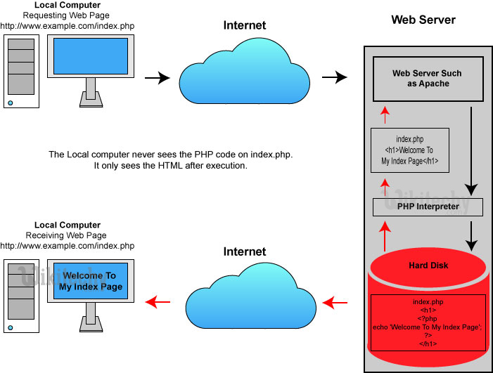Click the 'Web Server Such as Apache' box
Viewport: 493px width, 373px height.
(427, 78)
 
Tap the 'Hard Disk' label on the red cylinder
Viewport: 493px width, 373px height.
(429, 266)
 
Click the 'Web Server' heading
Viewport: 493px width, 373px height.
(423, 20)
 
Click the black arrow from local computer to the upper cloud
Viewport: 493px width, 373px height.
(158, 78)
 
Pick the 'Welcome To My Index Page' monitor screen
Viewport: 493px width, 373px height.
(91, 282)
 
